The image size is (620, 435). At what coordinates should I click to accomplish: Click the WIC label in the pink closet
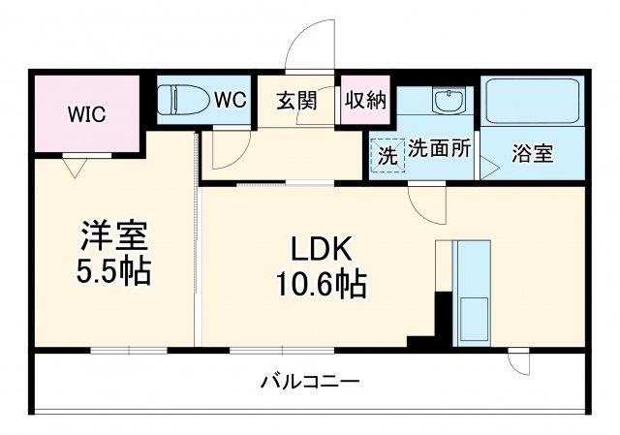click(x=86, y=113)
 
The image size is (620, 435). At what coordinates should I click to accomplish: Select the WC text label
click(x=230, y=100)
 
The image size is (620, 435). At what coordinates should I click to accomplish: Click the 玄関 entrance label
click(x=296, y=101)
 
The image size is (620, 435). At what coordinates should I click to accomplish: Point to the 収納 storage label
click(x=364, y=101)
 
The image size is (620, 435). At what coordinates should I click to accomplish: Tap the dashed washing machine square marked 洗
click(x=387, y=153)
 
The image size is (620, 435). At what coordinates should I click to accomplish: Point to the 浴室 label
click(x=533, y=153)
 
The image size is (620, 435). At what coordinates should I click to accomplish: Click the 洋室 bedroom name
click(x=114, y=236)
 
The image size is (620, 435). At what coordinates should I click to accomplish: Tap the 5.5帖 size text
click(x=114, y=271)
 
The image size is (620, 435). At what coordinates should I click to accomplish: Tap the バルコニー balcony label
click(x=310, y=381)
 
